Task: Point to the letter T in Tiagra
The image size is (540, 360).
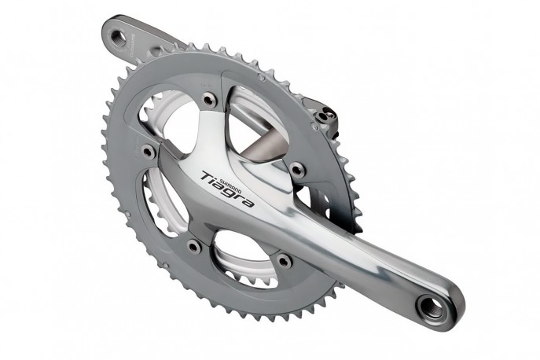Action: point(206,175)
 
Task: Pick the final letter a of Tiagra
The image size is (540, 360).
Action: point(251,203)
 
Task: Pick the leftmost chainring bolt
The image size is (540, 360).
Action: point(148,149)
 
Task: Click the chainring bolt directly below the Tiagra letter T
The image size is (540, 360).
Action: point(193,246)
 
